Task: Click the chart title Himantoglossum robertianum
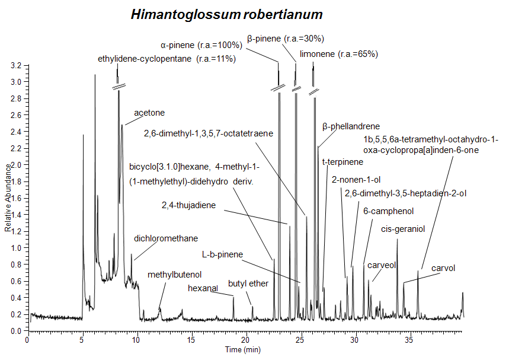[227, 14]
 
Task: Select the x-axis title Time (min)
[242, 350]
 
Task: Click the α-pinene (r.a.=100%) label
[201, 44]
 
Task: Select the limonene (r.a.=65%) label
[339, 54]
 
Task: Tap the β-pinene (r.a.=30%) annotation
[286, 39]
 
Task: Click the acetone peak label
[149, 112]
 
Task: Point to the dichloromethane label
[166, 238]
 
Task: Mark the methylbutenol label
[174, 275]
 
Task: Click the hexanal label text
[203, 288]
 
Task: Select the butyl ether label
[248, 283]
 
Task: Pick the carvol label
[443, 268]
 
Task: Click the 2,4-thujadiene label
[188, 206]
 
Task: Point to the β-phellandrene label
[351, 126]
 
